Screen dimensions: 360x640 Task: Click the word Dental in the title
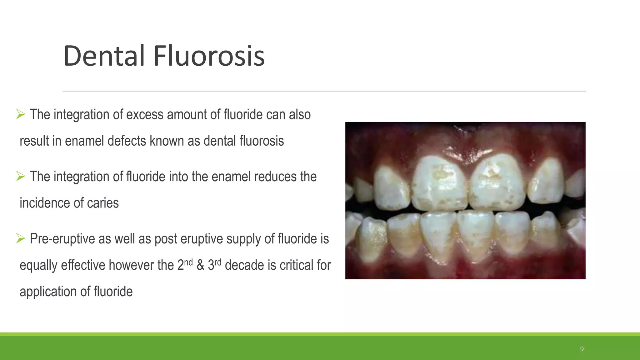[x=104, y=56]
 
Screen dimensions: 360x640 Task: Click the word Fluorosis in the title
[x=209, y=56]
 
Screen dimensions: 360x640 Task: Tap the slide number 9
[x=582, y=349]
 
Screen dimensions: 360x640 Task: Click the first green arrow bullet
[x=21, y=114]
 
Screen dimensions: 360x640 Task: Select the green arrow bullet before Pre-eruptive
[x=21, y=239]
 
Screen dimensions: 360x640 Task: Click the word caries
[x=103, y=203]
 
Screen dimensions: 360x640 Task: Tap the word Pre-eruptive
[x=62, y=239]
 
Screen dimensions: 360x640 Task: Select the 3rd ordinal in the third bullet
[x=214, y=265]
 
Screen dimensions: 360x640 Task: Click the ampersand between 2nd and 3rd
[x=200, y=265]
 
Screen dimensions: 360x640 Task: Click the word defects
[x=127, y=141]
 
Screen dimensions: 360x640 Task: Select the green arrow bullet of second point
[x=21, y=177]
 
